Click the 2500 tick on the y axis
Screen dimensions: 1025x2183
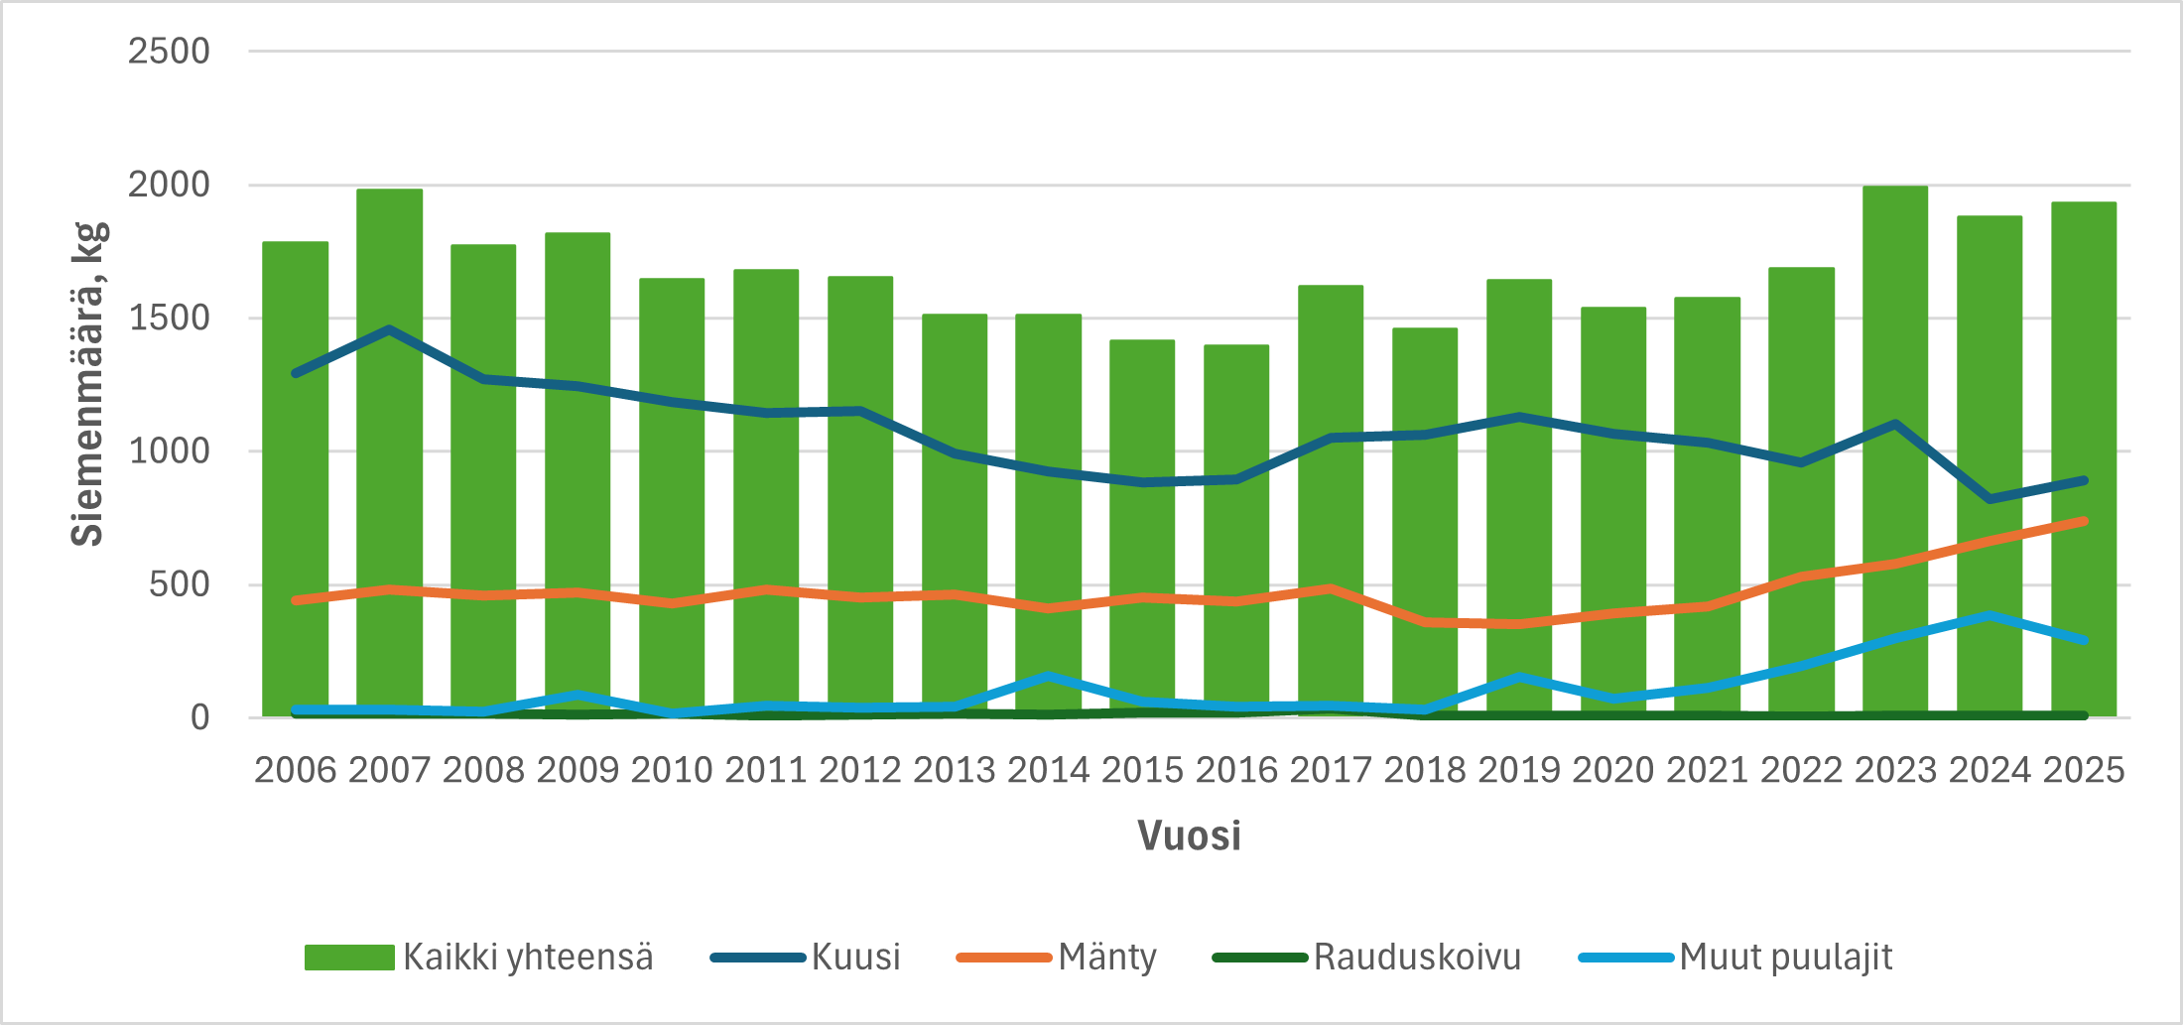[169, 52]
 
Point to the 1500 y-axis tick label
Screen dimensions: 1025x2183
[169, 319]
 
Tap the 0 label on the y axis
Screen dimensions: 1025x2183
[199, 717]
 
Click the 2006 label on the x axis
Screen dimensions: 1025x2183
[295, 771]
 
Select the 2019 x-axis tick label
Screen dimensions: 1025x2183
[1519, 771]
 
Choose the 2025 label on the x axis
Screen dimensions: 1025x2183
[2084, 771]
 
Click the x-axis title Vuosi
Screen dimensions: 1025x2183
[1189, 835]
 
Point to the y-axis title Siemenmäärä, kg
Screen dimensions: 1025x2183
[87, 385]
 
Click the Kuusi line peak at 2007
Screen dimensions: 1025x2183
[389, 329]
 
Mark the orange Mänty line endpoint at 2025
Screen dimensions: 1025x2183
[2084, 521]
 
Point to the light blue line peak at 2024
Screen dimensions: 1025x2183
[1990, 616]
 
